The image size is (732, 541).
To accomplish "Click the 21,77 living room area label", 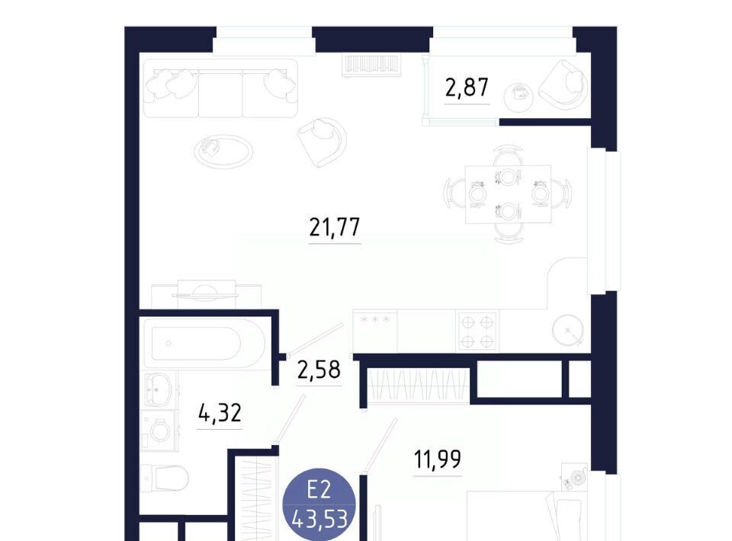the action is coord(334,227).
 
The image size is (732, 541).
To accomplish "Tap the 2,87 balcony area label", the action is coord(467,87).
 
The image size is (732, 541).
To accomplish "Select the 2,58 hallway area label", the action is coord(319,370).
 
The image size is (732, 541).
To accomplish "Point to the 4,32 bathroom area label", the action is coord(220,413).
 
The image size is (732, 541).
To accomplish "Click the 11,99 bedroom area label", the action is coord(438,459).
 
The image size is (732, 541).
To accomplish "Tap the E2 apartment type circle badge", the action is coord(319,504).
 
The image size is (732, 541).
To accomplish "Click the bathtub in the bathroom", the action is coord(204,343).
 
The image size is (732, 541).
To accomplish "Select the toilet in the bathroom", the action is coord(165,478).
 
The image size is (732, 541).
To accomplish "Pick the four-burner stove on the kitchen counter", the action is coord(477,331).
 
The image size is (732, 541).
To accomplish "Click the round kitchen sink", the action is coord(568,330).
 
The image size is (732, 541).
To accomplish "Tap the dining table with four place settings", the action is coord(508,194).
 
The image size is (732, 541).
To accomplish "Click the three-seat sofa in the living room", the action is coord(220,88).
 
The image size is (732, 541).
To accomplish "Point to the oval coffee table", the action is coord(223,151).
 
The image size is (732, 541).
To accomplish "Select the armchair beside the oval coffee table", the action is coord(322,142).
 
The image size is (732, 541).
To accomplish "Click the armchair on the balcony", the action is coord(563,85).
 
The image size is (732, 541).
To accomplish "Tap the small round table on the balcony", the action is coord(518,98).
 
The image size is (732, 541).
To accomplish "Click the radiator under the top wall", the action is coord(371,66).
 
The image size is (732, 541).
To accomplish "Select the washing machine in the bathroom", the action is coord(159,431).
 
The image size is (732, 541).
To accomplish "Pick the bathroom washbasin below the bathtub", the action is coord(157,389).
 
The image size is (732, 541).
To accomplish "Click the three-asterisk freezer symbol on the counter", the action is coord(375,319).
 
